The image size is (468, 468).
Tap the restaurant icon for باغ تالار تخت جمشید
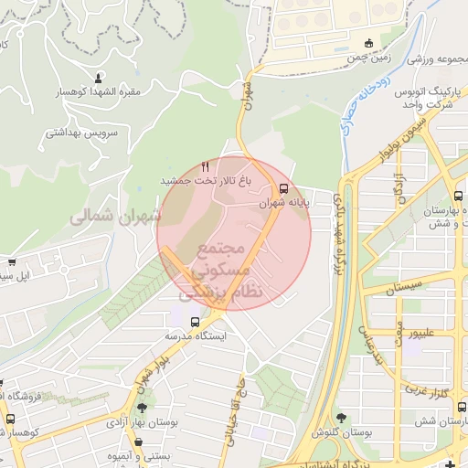pos(206,166)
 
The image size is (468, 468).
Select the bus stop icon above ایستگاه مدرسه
pos(195,321)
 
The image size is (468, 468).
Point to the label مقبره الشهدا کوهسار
pos(99,92)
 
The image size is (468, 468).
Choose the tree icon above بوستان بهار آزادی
pos(143,407)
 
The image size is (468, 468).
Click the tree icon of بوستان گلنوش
pos(341,417)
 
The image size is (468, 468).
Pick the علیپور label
pos(429,333)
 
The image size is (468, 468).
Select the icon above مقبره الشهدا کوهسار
pos(99,76)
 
